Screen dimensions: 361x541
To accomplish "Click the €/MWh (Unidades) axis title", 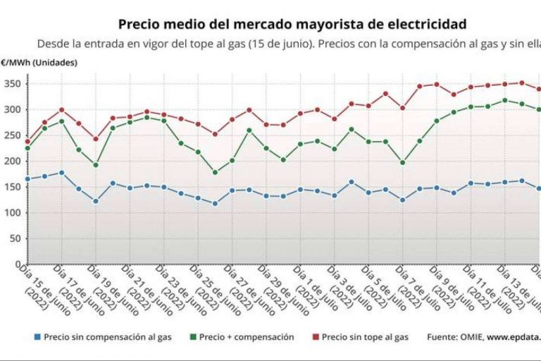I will coord(39,62).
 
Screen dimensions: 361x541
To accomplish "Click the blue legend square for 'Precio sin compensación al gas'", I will coord(37,338).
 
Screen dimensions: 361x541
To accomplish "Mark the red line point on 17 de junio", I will coord(61,110).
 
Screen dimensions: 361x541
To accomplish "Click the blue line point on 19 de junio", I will coord(96,201).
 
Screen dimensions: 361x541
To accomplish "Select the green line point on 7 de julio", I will coord(402,163).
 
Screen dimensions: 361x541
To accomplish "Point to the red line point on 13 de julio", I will coord(521,82).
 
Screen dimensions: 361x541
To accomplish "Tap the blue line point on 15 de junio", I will coord(27,179).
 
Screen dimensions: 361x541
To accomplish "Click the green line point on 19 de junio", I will coord(96,165).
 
